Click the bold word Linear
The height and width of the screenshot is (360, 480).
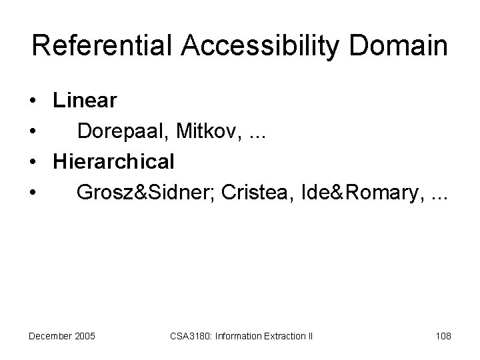[85, 101]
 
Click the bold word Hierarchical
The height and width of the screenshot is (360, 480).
[114, 161]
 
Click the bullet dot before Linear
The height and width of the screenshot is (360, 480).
[32, 102]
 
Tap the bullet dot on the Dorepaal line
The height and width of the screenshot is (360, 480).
[32, 133]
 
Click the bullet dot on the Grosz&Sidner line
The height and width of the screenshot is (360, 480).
[32, 193]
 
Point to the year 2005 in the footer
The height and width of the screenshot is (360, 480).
[85, 335]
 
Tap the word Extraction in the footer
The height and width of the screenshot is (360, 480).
[285, 335]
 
